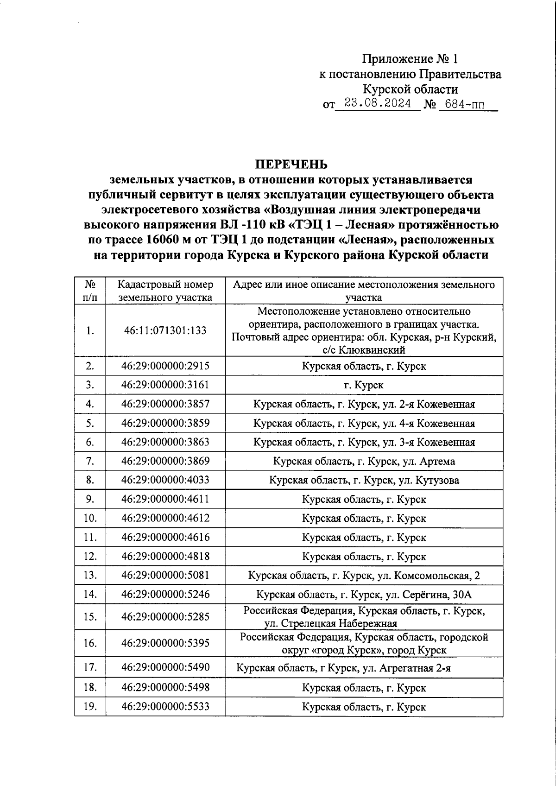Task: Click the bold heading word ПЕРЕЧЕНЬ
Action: click(291, 165)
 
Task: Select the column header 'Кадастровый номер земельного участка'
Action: click(165, 291)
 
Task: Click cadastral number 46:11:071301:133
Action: click(165, 330)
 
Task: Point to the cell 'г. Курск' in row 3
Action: click(364, 385)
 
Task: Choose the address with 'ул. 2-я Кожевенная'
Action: click(364, 404)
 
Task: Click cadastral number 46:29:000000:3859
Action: click(165, 423)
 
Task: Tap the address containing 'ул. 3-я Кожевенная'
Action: click(364, 442)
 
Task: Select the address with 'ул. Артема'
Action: click(364, 461)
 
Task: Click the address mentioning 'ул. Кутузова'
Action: click(364, 480)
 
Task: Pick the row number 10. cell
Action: click(90, 518)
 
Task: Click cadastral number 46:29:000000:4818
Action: click(165, 556)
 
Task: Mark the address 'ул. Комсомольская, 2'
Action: click(364, 576)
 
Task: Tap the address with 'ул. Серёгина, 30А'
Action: click(364, 595)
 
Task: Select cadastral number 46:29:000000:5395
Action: click(165, 643)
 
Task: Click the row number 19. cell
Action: click(90, 707)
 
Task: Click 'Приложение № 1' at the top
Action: click(410, 59)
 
